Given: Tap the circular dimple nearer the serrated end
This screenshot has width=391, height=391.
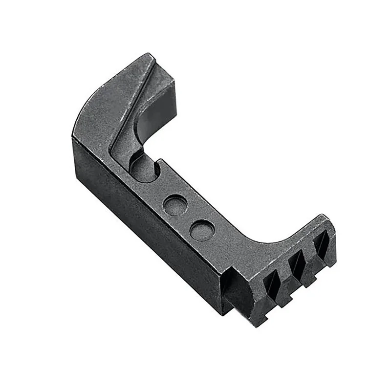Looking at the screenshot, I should pyautogui.click(x=201, y=229).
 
